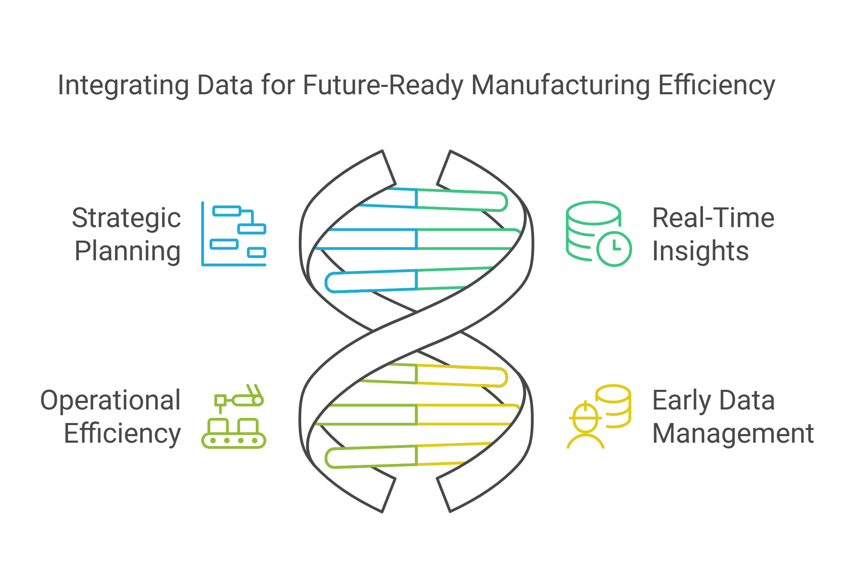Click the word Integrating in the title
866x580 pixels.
tap(123, 86)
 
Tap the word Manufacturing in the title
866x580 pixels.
tap(560, 86)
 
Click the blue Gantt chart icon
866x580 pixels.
tap(234, 234)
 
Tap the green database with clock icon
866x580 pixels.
tap(598, 233)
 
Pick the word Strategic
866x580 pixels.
tap(126, 218)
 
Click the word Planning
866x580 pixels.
tap(127, 251)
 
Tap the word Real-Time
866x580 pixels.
tap(713, 218)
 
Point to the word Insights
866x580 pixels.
tap(700, 251)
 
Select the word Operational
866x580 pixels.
tap(111, 400)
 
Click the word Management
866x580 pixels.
tap(733, 433)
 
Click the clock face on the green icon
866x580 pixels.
tap(614, 249)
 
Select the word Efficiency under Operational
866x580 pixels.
tap(122, 433)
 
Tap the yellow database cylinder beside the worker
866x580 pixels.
tap(614, 406)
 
